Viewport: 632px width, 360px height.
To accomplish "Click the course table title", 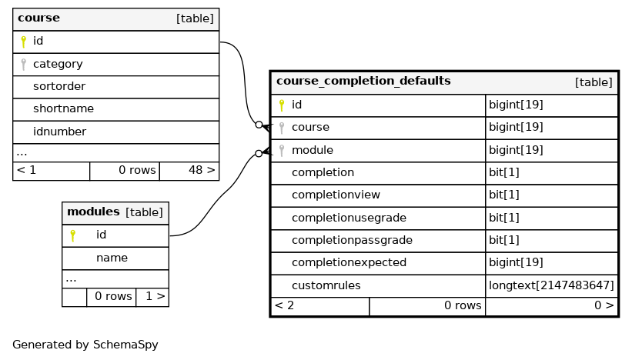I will pyautogui.click(x=38, y=18).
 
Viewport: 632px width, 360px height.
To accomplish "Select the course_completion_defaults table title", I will pyautogui.click(x=363, y=81).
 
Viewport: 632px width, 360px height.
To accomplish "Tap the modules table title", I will pyautogui.click(x=93, y=212).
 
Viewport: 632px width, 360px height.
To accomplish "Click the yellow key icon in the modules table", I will pyautogui.click(x=72, y=235).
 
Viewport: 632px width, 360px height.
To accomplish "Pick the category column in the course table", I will pyautogui.click(x=58, y=64).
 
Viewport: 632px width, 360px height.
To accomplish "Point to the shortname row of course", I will pyautogui.click(x=63, y=109).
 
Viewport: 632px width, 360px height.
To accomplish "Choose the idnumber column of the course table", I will pyautogui.click(x=59, y=132).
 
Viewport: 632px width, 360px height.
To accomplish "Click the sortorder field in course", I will pyautogui.click(x=59, y=86).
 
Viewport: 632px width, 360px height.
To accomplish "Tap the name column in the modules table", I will pyautogui.click(x=112, y=258).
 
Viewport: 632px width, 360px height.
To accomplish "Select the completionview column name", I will pyautogui.click(x=336, y=195).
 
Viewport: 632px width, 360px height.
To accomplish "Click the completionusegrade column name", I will pyautogui.click(x=349, y=218).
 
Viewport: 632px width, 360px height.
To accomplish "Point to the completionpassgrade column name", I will pyautogui.click(x=352, y=240).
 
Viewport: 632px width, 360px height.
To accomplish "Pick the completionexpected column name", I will pyautogui.click(x=349, y=262).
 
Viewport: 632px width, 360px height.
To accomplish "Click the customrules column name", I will pyautogui.click(x=326, y=285).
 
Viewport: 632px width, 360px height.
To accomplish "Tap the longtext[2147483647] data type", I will pyautogui.click(x=551, y=285).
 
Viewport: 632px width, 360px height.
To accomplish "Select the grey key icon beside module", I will pyautogui.click(x=282, y=150).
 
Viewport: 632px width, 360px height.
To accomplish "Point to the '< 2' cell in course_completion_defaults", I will pyautogui.click(x=285, y=305).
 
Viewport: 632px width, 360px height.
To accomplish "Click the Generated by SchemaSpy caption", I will pyautogui.click(x=85, y=345).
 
